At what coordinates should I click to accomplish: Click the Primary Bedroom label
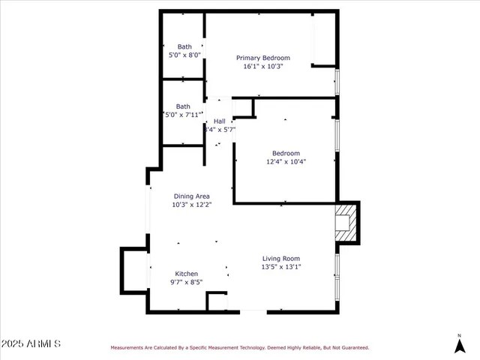pos(262,58)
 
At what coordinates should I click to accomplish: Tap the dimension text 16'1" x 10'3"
pos(262,67)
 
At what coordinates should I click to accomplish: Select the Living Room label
pos(280,259)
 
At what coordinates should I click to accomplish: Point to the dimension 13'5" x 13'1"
pos(280,267)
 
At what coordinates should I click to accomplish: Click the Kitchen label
pos(187,274)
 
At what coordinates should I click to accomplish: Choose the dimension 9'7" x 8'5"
pos(187,283)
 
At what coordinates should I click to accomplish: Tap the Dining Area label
pos(191,196)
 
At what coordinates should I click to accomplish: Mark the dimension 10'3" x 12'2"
pos(191,204)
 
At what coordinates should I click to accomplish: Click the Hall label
pos(219,121)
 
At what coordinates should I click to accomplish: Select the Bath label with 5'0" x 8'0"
pos(184,46)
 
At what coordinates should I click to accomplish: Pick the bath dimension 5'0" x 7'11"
pos(184,115)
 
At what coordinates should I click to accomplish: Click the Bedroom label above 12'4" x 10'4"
pos(286,152)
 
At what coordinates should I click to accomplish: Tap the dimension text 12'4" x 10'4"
pos(286,161)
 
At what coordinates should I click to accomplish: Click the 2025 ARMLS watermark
pos(31,343)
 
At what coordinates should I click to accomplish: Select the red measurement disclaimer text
pos(240,347)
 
